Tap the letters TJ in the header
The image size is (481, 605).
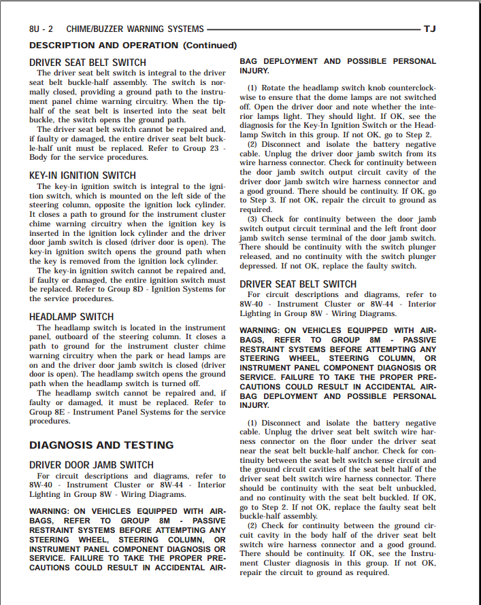tap(429, 29)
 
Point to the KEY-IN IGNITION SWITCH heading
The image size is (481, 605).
tap(82, 175)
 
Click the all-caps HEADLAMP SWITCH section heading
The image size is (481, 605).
tap(71, 317)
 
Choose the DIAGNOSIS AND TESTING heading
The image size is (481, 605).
tap(101, 445)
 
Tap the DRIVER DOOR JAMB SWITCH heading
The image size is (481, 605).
tap(91, 465)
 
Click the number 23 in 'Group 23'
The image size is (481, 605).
tap(212, 148)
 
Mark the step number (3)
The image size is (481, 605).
tap(252, 220)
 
